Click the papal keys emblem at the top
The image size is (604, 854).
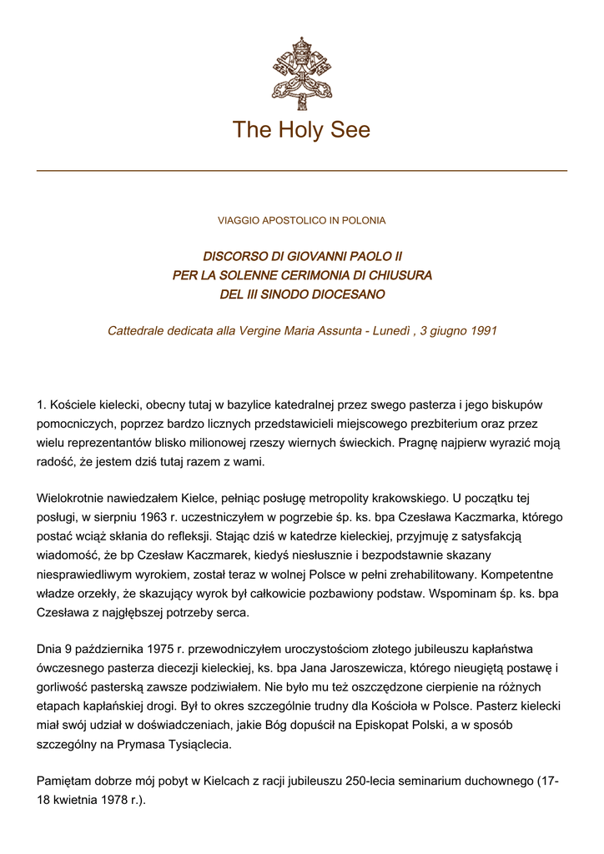(301, 73)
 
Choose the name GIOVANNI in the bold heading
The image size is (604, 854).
(320, 256)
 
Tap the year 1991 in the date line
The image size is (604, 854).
(484, 331)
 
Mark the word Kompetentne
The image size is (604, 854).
(529, 575)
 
